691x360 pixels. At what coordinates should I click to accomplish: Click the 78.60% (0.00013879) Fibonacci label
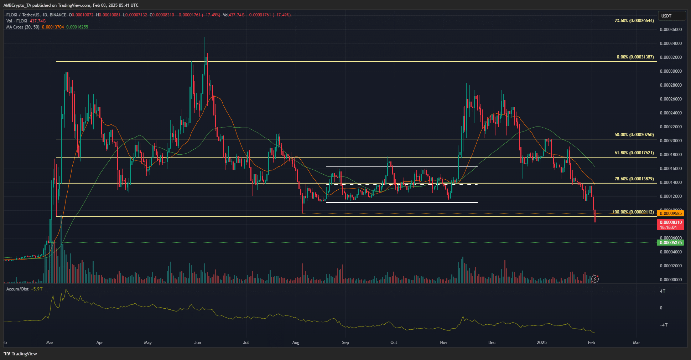[x=634, y=179]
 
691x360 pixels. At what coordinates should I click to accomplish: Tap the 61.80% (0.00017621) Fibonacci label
[x=634, y=153]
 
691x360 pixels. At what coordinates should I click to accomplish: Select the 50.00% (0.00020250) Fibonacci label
[x=634, y=135]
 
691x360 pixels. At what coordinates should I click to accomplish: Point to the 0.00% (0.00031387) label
[x=635, y=57]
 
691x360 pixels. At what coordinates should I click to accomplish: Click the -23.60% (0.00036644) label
[x=633, y=21]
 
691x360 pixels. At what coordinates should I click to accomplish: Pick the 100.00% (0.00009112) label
[x=633, y=212]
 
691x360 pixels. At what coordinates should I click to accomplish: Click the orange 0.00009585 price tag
[x=670, y=214]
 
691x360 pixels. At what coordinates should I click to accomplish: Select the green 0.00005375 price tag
[x=670, y=243]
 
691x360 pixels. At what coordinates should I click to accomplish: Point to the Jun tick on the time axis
[x=198, y=343]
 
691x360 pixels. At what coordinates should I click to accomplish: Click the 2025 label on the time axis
[x=541, y=343]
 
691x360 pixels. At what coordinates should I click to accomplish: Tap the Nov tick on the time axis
[x=443, y=343]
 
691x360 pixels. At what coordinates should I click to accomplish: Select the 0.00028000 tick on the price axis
[x=671, y=85]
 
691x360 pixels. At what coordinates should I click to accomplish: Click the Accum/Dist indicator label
[x=17, y=289]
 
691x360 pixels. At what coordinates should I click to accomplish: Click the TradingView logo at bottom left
[x=20, y=354]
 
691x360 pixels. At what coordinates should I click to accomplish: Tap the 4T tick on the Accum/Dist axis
[x=663, y=291]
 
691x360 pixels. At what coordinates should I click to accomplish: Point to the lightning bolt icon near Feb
[x=594, y=279]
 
